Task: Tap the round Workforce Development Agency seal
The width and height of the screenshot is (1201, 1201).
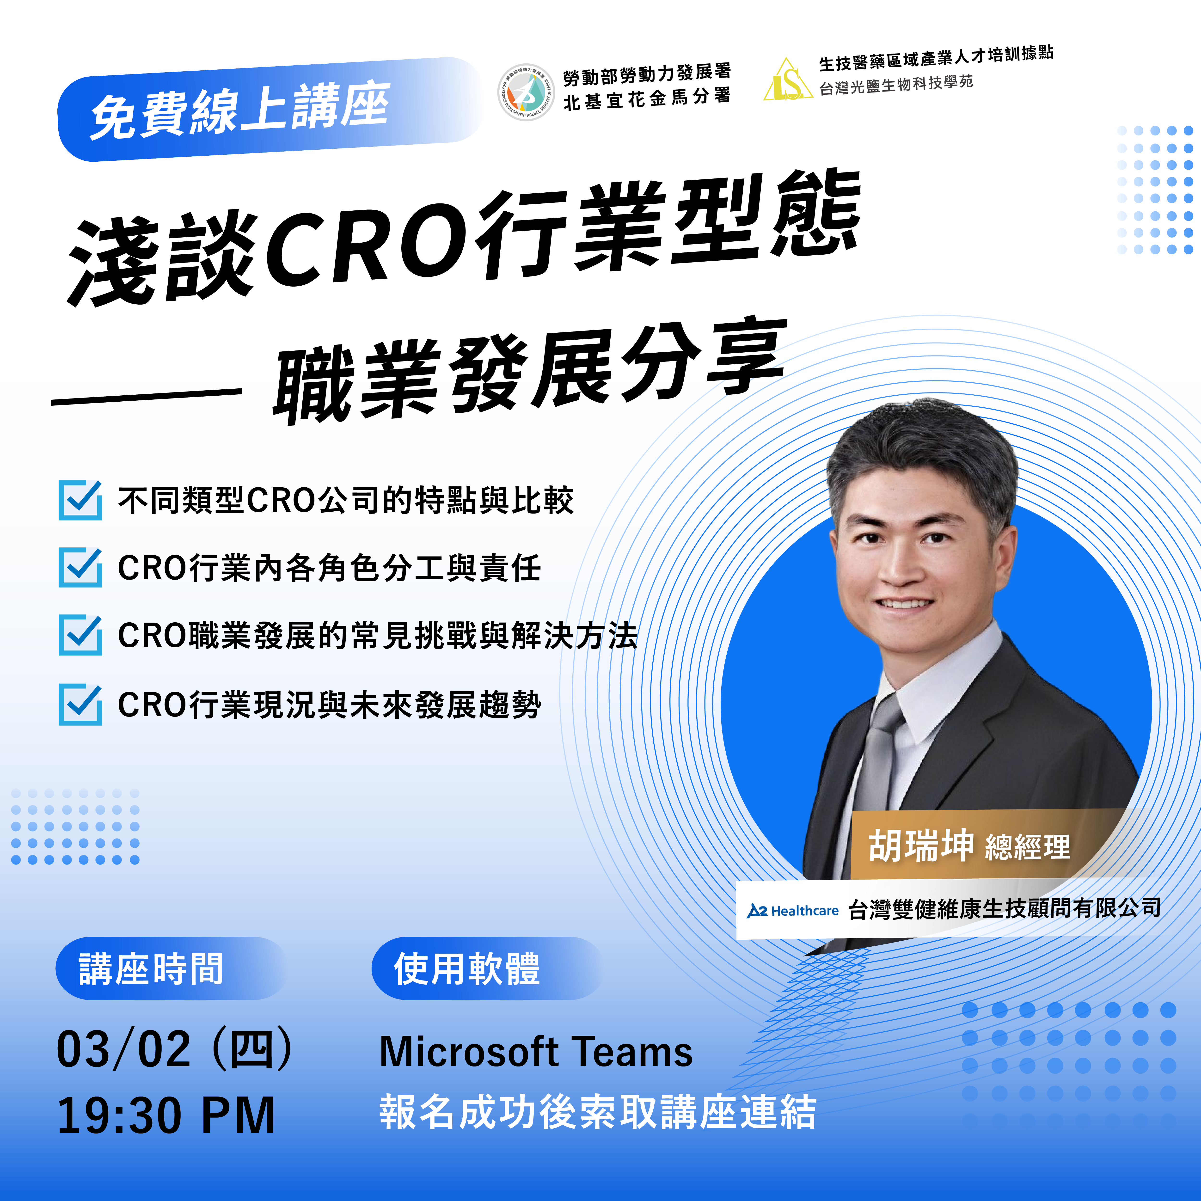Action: pos(526,92)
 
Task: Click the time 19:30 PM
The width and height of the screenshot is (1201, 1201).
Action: pos(166,1116)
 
